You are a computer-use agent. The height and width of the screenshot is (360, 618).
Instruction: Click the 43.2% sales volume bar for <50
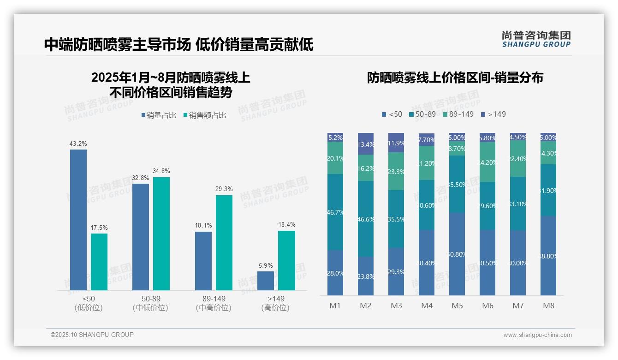point(78,220)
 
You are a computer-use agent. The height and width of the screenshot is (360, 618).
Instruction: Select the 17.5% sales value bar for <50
point(99,262)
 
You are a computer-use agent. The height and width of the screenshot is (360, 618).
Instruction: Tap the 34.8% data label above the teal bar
point(161,171)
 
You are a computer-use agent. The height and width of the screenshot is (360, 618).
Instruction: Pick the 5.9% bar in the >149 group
point(266,281)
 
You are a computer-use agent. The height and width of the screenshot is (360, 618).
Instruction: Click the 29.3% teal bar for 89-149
point(224,242)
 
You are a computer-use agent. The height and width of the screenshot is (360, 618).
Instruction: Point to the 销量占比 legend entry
point(159,115)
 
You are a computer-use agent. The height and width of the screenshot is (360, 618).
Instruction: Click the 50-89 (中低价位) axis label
point(151,303)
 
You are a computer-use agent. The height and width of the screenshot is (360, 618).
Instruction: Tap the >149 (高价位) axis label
point(275,303)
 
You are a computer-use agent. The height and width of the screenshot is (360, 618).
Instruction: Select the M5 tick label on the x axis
point(457,306)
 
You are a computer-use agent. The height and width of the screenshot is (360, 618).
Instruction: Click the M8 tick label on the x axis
point(548,306)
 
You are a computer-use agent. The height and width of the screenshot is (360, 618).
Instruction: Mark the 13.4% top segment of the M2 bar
point(366,144)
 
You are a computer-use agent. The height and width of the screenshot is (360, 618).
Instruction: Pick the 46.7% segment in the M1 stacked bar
point(335,212)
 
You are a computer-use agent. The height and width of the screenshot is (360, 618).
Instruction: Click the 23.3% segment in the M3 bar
point(396,171)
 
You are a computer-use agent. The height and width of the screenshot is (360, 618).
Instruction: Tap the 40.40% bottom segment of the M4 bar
point(427,263)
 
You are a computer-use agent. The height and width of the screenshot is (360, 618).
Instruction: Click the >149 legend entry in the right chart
point(493,114)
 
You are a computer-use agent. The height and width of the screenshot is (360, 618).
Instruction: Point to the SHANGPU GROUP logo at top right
point(536,39)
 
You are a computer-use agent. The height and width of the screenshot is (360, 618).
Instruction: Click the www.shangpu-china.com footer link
point(537,335)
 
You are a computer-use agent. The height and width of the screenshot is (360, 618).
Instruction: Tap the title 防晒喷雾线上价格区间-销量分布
point(455,78)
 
